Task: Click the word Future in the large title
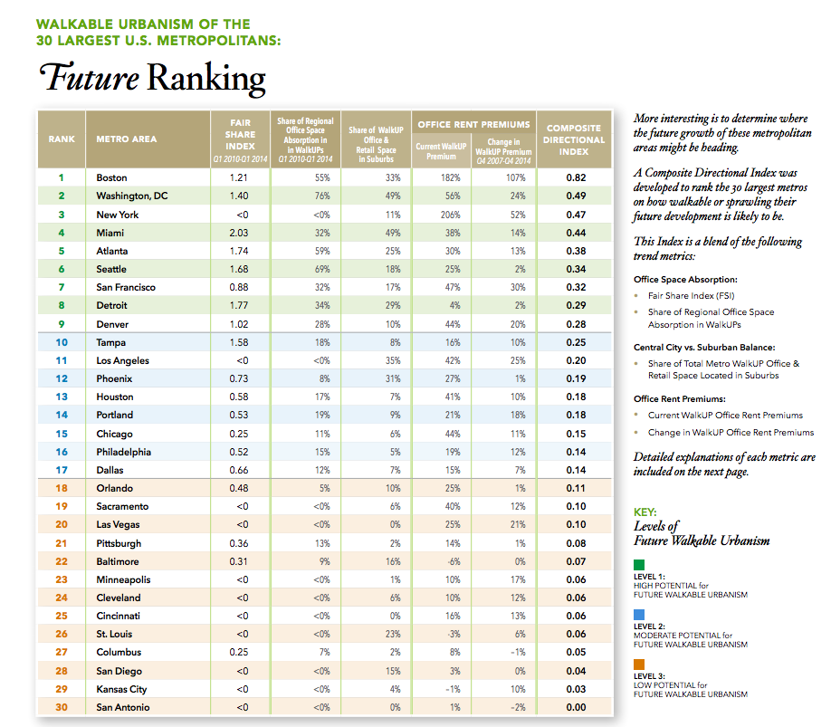click(88, 78)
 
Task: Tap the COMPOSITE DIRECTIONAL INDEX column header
click(574, 139)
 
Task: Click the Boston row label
click(111, 178)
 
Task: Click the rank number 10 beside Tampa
click(62, 342)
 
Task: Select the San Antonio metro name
click(123, 707)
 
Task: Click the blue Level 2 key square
click(639, 615)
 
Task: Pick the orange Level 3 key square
click(639, 665)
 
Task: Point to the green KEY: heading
click(645, 512)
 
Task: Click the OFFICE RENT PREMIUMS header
click(473, 124)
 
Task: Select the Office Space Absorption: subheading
click(686, 280)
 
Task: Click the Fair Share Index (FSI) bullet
click(689, 295)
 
